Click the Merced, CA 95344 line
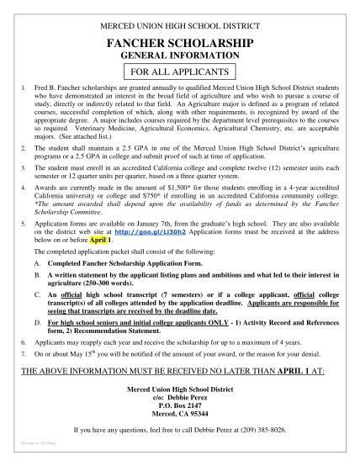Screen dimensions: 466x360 [180, 416]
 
